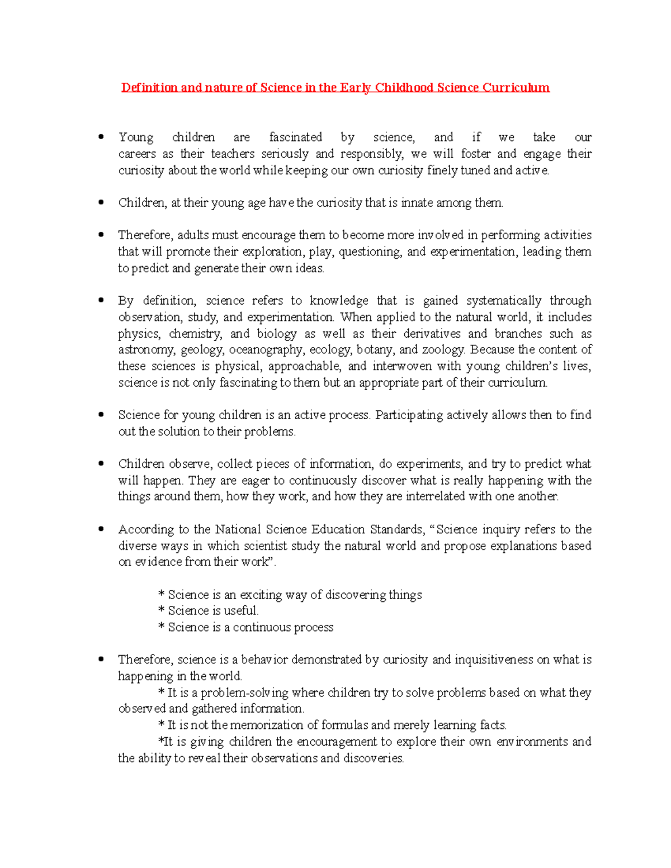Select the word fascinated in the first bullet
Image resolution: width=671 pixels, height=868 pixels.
pyautogui.click(x=295, y=137)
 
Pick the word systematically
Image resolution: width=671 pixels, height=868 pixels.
pyautogui.click(x=504, y=301)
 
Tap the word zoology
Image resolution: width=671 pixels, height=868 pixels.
pyautogui.click(x=444, y=350)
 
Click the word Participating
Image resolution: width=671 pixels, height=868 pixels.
pyautogui.click(x=409, y=415)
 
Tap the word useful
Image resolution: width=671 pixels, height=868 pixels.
pyautogui.click(x=241, y=611)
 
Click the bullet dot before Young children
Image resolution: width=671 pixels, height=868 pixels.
pyautogui.click(x=101, y=136)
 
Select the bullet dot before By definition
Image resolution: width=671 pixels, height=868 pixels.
pyautogui.click(x=101, y=300)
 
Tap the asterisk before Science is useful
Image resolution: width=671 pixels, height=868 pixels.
pyautogui.click(x=162, y=611)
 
